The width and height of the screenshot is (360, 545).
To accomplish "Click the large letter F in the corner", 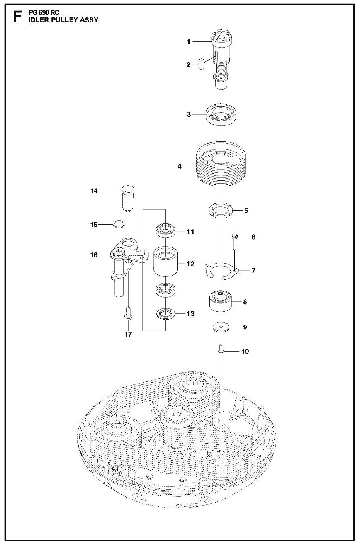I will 17,17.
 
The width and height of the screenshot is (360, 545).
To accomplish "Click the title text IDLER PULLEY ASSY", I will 63,20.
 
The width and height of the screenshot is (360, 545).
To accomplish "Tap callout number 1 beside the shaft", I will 189,42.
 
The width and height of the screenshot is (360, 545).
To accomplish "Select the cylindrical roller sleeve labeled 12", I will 166,262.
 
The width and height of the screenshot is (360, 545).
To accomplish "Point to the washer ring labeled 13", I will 166,314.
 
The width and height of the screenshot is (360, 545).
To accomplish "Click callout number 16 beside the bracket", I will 94,255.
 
